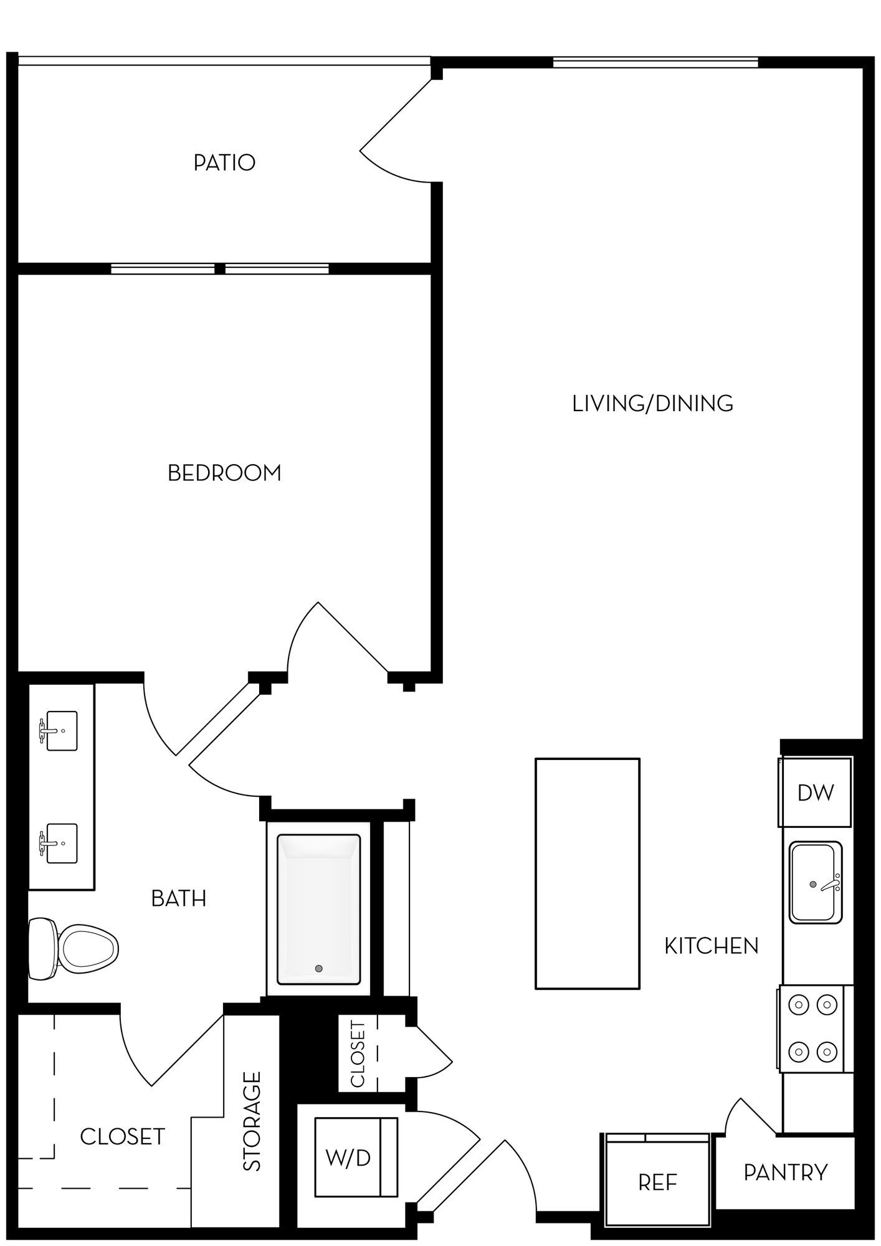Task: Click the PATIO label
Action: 224,163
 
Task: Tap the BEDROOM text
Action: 224,473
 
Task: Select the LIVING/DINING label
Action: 652,404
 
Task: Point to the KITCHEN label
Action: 712,946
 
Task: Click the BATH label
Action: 179,898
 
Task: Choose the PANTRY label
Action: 786,1172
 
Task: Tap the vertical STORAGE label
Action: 252,1121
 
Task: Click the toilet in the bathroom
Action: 74,949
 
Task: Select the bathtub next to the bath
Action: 318,910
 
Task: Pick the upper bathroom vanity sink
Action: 61,730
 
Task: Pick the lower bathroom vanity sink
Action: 61,843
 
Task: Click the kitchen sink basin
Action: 816,882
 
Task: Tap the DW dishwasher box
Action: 815,792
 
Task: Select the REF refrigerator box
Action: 657,1182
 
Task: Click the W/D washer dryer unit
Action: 356,1157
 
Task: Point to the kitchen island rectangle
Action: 588,873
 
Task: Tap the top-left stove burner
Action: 799,1004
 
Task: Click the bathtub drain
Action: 319,969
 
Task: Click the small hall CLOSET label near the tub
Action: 358,1053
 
